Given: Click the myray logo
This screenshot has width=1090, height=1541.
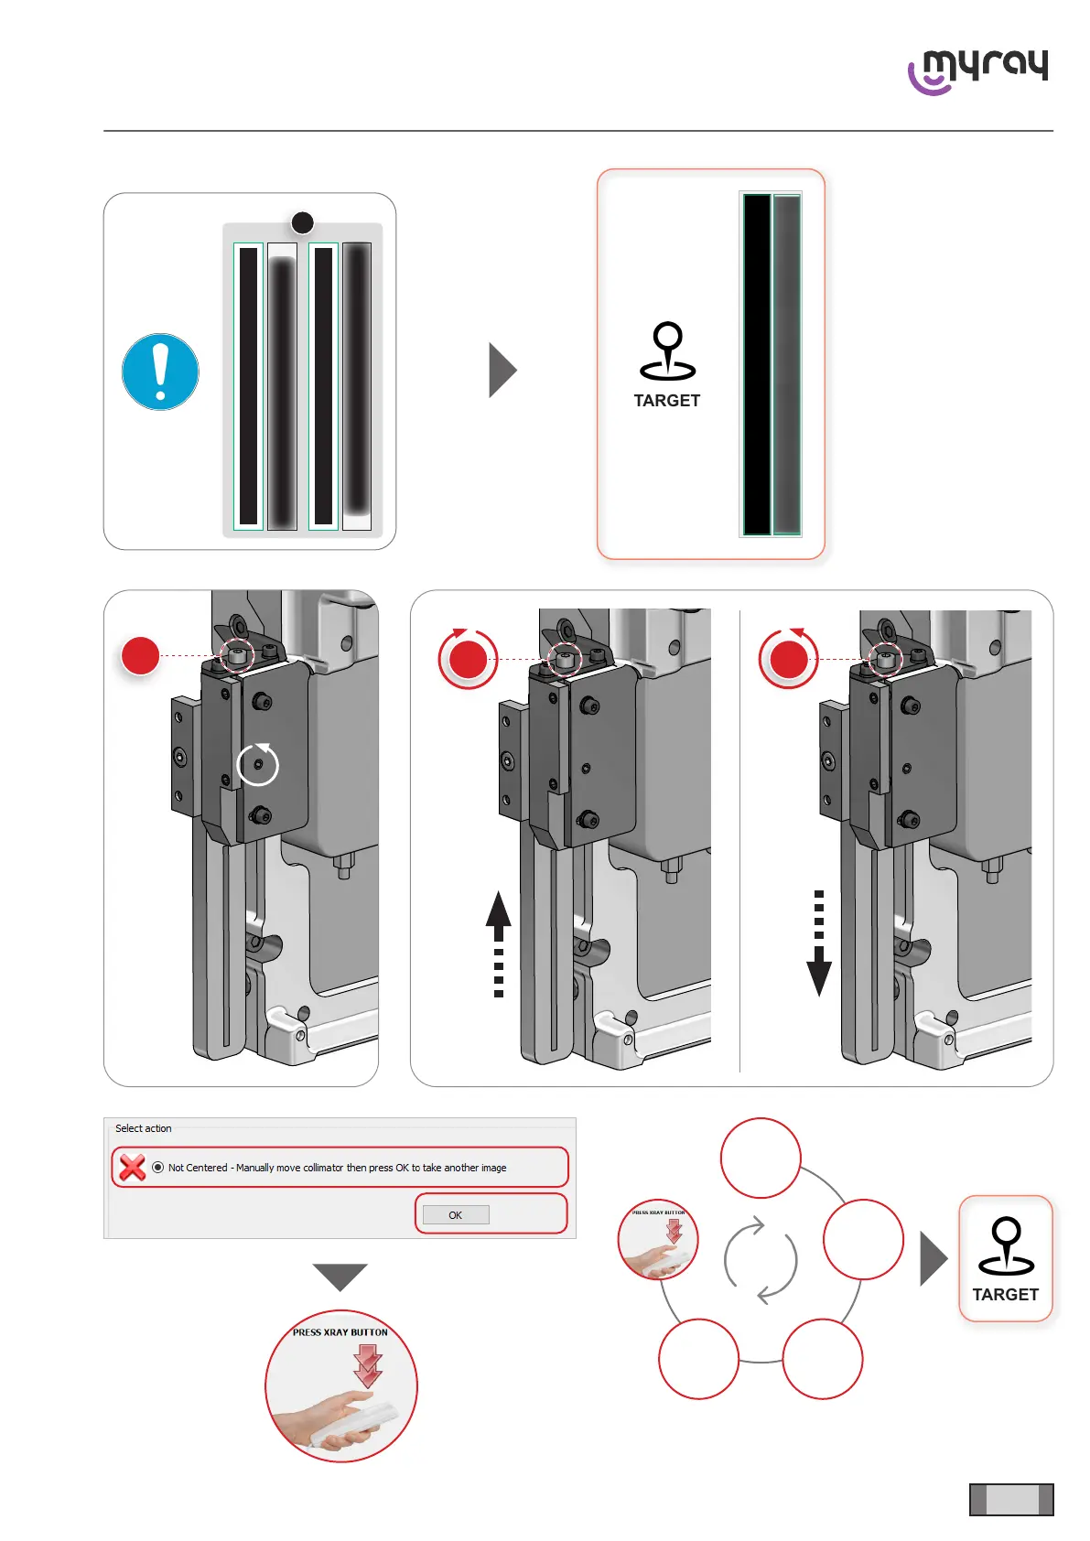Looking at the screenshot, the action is tap(977, 70).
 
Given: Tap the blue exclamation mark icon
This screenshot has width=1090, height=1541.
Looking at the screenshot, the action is tap(160, 372).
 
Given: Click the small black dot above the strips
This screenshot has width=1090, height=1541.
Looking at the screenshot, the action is tap(302, 222).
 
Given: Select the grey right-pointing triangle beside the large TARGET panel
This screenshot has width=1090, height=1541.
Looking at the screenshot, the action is tap(502, 370).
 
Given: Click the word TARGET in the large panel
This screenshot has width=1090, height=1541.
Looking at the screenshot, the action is tap(666, 401).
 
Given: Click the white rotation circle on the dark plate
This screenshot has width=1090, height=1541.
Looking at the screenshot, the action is tap(258, 764).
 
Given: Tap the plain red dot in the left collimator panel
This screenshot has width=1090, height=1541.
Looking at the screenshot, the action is tap(141, 655).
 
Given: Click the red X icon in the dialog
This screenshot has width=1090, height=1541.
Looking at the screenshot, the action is tap(133, 1167).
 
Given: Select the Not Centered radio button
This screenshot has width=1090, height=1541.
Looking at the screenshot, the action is tap(158, 1168).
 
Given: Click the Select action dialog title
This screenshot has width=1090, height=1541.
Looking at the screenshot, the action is tap(144, 1128).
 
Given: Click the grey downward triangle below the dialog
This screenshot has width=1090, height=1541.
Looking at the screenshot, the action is tap(340, 1276).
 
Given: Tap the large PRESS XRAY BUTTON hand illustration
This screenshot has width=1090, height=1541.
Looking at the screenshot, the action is tap(341, 1386).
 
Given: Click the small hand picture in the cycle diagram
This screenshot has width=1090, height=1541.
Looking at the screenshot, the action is tap(658, 1240).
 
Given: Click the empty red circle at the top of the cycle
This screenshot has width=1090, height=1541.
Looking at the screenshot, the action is tap(761, 1158).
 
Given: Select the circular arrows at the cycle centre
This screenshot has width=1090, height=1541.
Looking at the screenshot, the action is tap(760, 1259).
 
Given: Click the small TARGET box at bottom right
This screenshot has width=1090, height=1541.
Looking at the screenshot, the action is tap(1005, 1258).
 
